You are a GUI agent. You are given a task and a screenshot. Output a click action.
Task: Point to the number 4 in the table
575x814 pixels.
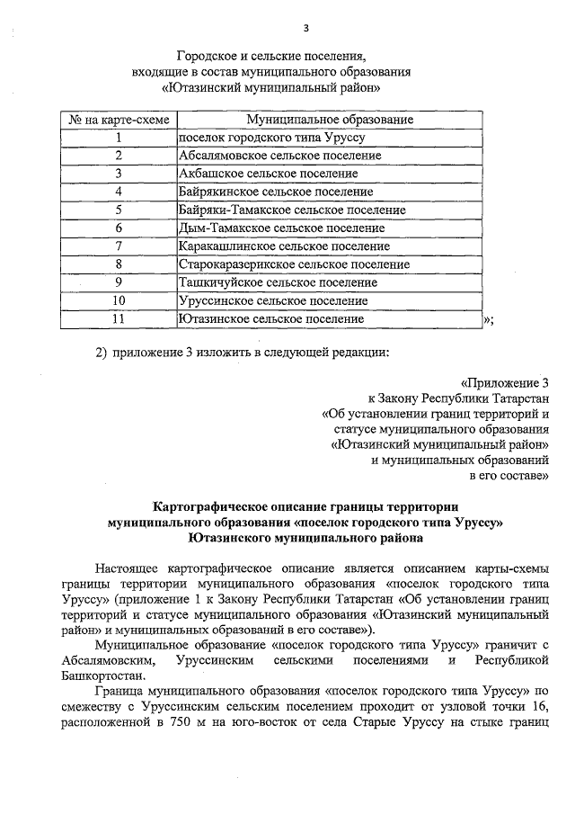click(119, 192)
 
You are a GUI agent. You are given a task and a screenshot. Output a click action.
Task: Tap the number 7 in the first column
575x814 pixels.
click(119, 246)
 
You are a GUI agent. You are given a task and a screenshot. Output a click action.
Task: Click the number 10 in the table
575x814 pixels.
click(119, 300)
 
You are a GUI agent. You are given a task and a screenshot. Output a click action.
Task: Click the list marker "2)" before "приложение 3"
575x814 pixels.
click(102, 351)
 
